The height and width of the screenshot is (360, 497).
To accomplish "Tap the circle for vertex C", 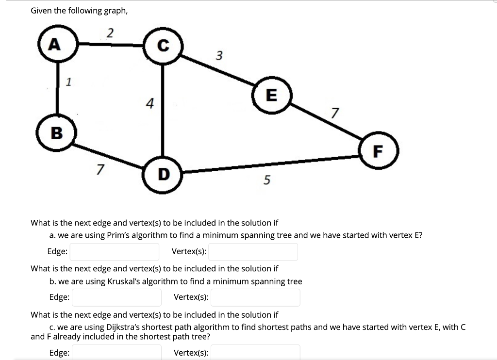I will tap(163, 47).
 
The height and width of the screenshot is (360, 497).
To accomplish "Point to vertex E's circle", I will tap(271, 96).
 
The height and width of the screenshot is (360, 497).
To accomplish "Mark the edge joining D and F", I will tap(272, 164).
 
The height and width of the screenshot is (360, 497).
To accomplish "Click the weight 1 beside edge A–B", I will tap(68, 82).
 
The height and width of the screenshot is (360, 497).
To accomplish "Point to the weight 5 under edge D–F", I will tap(266, 180).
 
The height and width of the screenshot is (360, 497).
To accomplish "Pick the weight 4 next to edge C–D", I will tap(150, 103).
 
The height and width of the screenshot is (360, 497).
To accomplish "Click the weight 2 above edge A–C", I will tap(110, 33).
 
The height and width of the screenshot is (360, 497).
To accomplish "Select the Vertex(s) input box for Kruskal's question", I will tap(255, 297).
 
